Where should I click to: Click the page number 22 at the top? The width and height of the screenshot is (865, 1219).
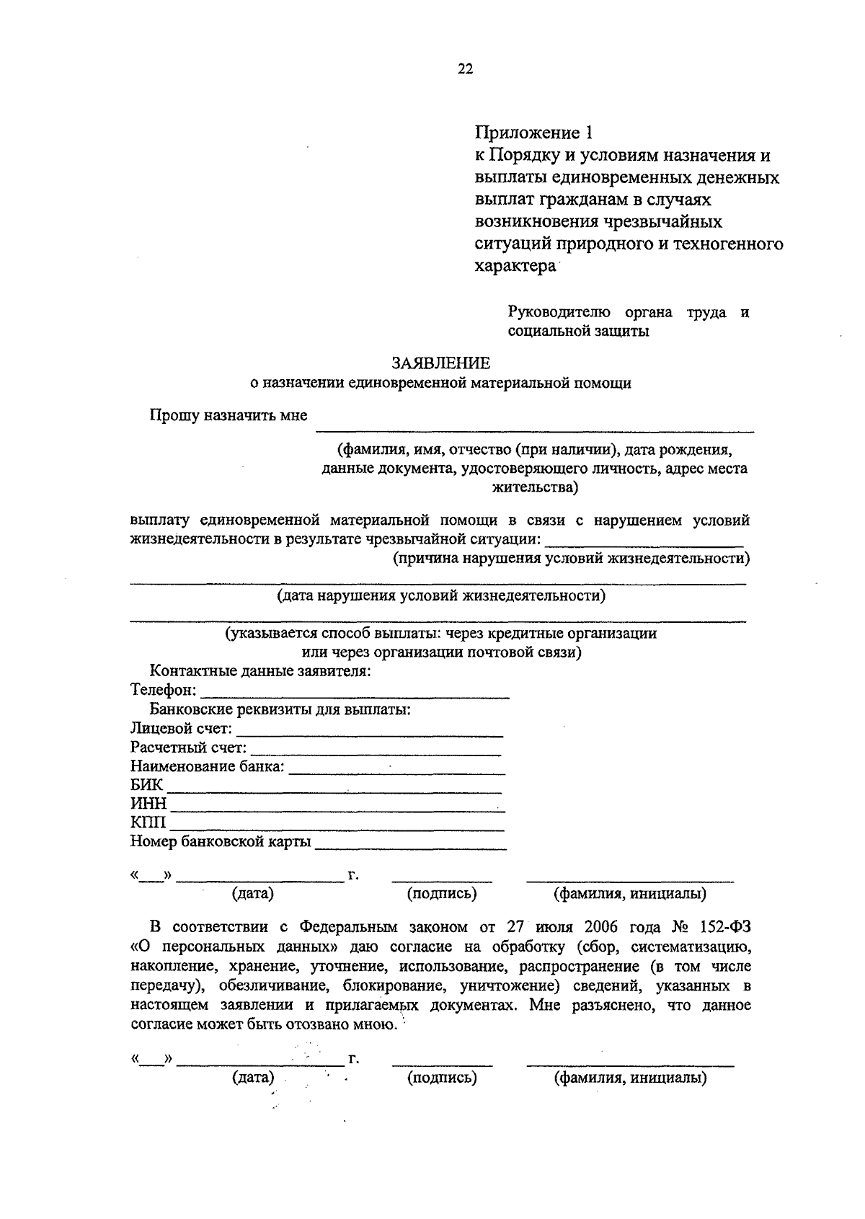pos(465,69)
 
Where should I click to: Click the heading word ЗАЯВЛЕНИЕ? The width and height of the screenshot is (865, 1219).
pos(440,363)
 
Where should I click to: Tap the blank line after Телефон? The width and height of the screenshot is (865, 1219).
pos(355,694)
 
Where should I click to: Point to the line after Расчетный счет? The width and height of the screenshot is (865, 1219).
pos(376,751)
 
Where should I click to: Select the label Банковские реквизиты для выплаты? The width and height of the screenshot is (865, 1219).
pos(280,709)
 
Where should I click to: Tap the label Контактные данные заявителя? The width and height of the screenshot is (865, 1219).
pos(260,671)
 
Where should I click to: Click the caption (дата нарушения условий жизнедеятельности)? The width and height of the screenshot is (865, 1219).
pos(441,595)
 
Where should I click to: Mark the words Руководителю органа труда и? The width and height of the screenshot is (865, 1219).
pos(629,312)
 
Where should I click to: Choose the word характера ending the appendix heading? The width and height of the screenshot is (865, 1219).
pos(515,265)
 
